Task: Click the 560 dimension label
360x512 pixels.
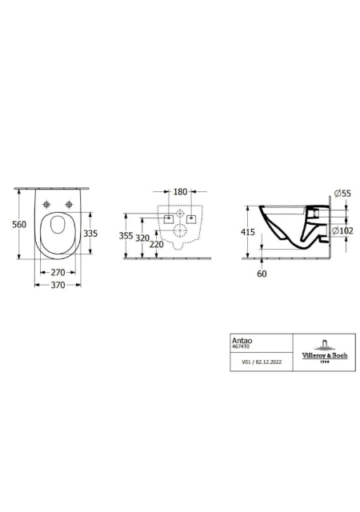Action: click(19, 225)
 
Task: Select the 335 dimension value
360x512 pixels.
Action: click(90, 234)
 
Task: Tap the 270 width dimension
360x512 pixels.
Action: click(58, 272)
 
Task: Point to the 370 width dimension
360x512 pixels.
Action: click(58, 285)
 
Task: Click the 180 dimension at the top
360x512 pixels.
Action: click(180, 192)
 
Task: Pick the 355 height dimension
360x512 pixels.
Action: click(126, 235)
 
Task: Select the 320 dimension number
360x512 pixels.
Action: click(142, 238)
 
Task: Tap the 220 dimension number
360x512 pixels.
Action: click(157, 243)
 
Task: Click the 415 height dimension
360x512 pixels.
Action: click(248, 232)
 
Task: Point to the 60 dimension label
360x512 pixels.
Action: click(262, 274)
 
